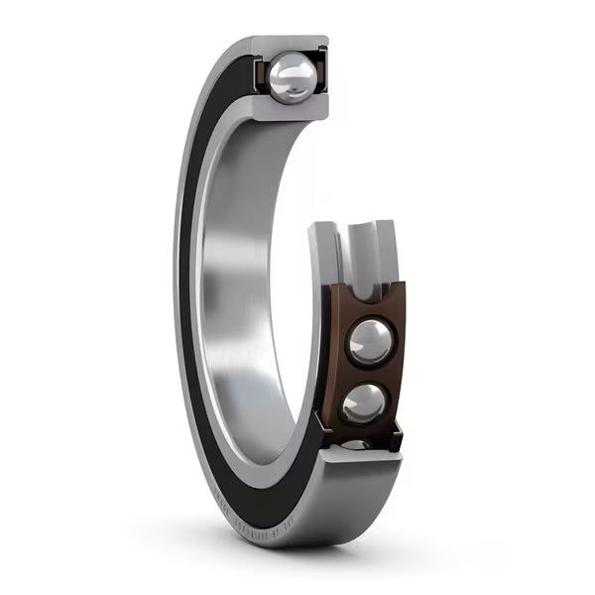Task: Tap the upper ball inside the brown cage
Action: coord(369,343)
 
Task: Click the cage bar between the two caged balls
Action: coord(367,374)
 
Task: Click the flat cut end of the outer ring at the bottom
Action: coord(362,458)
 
